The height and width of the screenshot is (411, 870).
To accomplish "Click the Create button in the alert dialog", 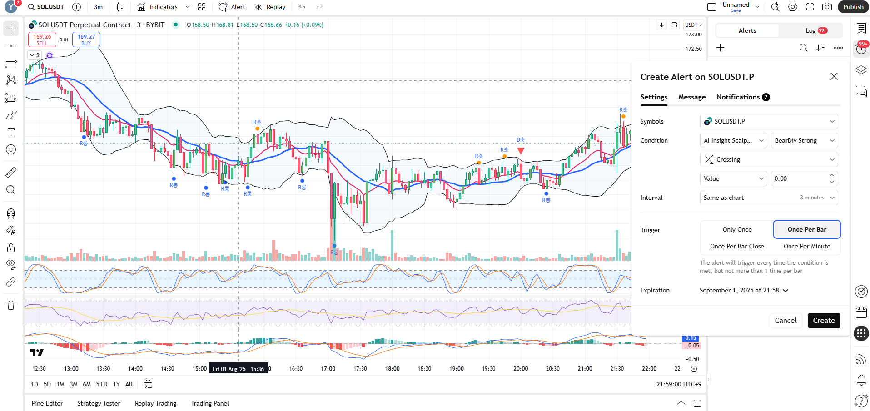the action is click(x=824, y=320).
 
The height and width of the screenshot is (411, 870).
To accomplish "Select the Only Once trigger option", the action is click(x=737, y=229).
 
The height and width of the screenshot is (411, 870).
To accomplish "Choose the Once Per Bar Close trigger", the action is click(x=737, y=246).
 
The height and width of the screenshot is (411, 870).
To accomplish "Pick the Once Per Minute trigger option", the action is click(x=807, y=246).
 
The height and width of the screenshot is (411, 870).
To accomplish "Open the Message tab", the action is click(x=692, y=97).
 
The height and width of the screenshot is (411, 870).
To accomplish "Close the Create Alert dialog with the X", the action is click(x=834, y=76).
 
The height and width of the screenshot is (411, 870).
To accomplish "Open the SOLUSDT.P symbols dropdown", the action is click(x=769, y=121).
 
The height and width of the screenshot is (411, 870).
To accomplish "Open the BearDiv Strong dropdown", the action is click(x=804, y=140).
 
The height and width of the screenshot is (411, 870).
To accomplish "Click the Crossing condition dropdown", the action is click(x=769, y=159).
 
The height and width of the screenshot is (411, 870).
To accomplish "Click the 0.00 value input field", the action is click(x=800, y=178).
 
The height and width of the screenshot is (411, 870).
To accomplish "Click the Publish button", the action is click(x=853, y=7).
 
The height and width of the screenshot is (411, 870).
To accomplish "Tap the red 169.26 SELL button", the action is click(x=42, y=40).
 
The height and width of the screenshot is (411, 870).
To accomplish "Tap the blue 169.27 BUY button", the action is click(x=86, y=40).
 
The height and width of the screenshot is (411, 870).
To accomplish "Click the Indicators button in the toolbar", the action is click(x=158, y=7).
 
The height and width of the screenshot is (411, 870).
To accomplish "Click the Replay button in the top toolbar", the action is click(x=271, y=7).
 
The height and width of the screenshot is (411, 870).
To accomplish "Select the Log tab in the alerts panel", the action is click(x=811, y=30).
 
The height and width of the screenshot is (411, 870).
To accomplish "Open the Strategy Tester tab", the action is click(x=99, y=403).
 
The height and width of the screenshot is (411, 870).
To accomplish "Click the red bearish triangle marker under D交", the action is click(x=521, y=151).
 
